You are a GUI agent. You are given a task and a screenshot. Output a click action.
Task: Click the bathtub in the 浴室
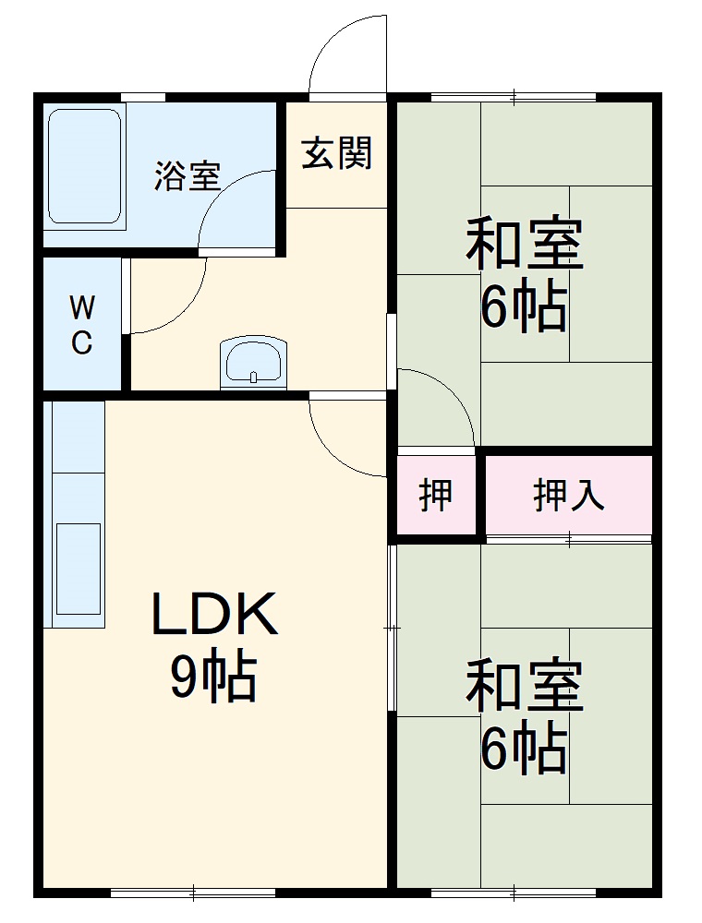tap(85, 166)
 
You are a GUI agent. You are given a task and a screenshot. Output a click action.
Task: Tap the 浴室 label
tap(188, 175)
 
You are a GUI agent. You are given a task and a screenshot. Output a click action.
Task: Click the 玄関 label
tap(337, 152)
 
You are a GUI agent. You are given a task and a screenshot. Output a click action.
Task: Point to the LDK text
tap(214, 617)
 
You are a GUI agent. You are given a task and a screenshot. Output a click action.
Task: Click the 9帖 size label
tap(212, 678)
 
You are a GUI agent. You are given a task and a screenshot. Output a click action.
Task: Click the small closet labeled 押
tap(436, 496)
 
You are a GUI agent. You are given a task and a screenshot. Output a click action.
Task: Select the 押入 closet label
tap(569, 496)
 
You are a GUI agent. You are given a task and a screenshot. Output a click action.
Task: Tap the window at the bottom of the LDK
tap(193, 893)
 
